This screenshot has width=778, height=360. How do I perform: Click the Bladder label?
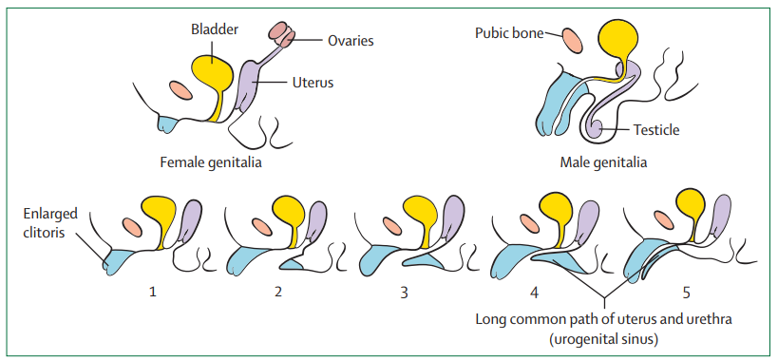215,29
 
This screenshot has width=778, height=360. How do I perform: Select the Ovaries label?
351,41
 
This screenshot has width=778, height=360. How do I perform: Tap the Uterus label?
313,83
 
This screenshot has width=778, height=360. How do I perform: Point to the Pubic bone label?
509,33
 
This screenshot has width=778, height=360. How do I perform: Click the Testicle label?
656,130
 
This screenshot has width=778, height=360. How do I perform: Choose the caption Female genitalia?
210,162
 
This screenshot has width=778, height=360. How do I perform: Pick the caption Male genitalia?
603,162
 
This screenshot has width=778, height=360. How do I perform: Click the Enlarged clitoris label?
49,223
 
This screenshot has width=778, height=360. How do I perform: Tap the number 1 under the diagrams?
153,293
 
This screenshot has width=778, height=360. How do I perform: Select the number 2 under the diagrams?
277,293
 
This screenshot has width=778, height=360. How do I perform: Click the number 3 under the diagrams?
404,293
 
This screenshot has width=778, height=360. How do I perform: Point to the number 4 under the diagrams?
534,293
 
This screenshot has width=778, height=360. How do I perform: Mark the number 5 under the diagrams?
686,293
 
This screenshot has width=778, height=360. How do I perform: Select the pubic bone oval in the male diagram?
572,41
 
